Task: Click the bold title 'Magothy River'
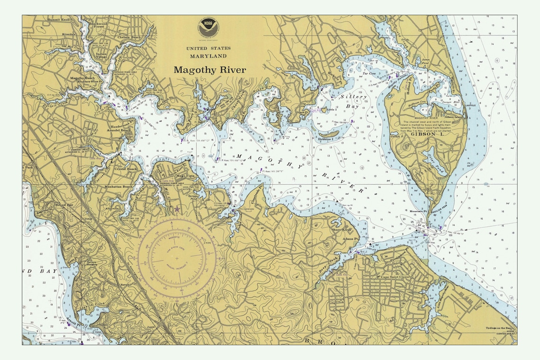[209, 70]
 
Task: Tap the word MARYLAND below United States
[208, 56]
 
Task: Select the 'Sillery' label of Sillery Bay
[353, 97]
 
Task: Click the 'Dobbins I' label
[325, 139]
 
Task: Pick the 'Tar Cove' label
[369, 74]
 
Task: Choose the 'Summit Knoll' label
[58, 20]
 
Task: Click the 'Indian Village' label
[101, 56]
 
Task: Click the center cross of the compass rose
[177, 258]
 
